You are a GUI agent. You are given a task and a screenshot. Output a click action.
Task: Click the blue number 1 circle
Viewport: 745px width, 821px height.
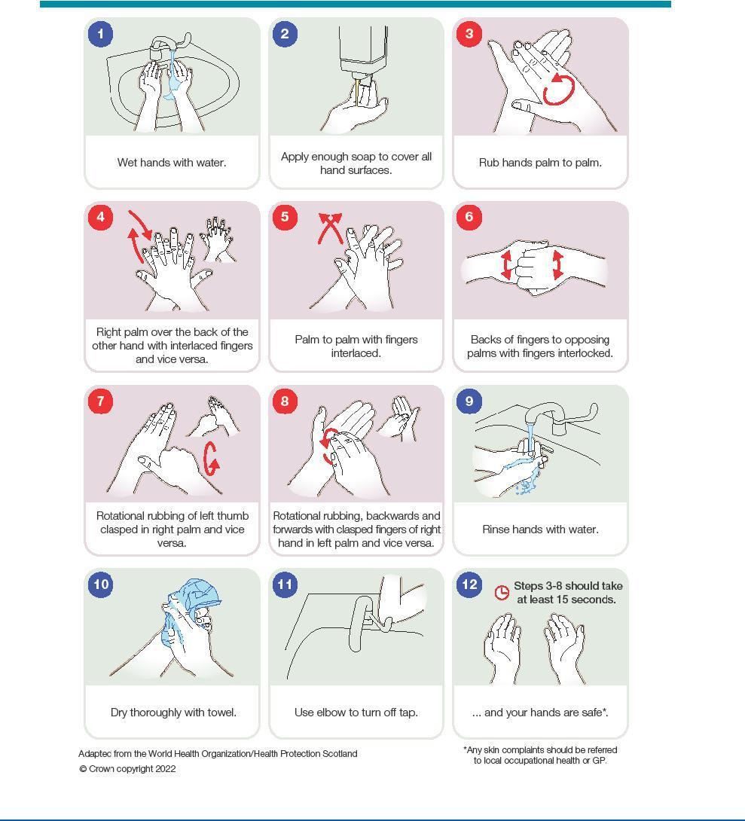coord(100,34)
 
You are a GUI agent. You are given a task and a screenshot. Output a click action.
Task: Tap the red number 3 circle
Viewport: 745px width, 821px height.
coord(469,34)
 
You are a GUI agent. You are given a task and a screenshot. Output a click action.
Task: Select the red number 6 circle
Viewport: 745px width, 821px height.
coord(469,217)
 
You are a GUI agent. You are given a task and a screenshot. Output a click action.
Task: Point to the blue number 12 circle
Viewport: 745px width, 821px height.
coord(469,584)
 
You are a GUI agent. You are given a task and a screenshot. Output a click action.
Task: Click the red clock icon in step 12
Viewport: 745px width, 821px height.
coord(502,592)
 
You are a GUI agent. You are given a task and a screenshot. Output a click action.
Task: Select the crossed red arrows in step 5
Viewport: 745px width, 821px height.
coord(331,227)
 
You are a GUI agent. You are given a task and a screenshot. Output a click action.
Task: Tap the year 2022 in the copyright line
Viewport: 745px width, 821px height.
coord(165,768)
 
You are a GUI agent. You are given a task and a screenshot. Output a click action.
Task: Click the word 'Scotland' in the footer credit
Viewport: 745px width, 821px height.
coord(340,753)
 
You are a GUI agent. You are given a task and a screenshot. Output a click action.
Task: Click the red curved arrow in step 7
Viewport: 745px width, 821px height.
coord(210,459)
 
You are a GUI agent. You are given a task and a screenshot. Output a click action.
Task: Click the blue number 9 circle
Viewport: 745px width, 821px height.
coord(469,401)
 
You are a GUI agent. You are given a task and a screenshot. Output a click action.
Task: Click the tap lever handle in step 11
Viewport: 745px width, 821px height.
coord(362,623)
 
